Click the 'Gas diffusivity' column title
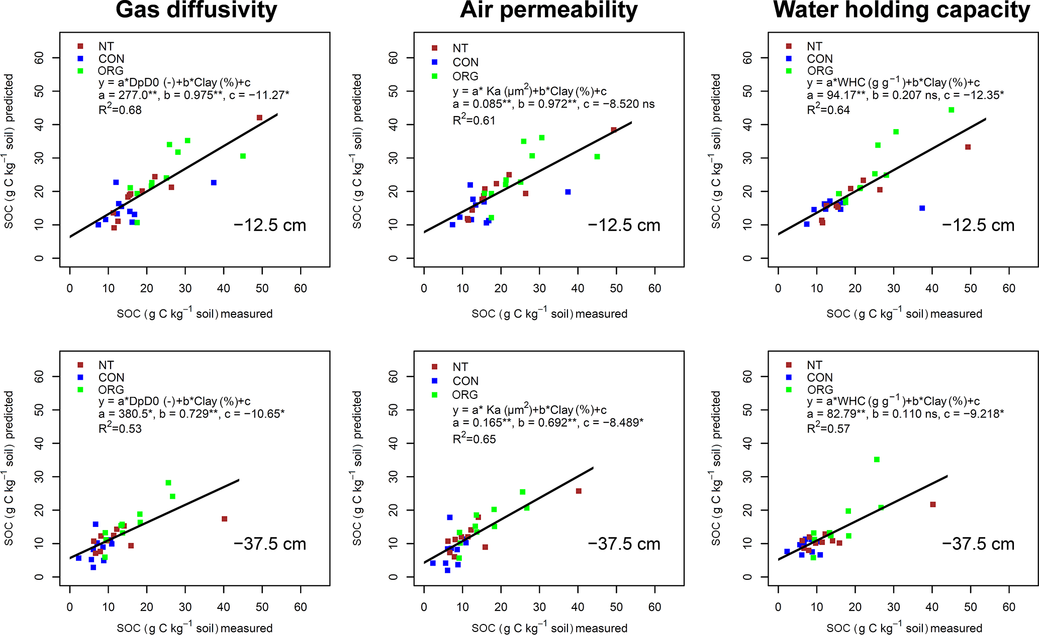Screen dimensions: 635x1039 (196, 10)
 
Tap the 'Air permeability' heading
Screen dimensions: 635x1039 (548, 10)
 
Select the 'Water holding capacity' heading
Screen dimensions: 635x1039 (902, 10)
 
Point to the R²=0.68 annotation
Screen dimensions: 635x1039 (120, 110)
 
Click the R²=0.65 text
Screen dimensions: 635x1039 (474, 439)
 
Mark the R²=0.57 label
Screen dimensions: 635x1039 (828, 429)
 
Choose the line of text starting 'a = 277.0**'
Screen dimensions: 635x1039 (194, 95)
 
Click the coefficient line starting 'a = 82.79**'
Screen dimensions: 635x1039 (905, 414)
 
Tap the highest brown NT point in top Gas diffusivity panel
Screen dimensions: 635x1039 (259, 118)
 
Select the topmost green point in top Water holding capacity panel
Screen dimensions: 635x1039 (951, 110)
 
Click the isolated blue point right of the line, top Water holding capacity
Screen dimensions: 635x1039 (922, 208)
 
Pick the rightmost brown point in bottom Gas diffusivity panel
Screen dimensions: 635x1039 (224, 519)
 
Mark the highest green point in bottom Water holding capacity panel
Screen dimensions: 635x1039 (877, 460)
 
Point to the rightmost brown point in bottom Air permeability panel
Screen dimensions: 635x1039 (579, 491)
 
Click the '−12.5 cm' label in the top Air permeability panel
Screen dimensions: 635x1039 (624, 225)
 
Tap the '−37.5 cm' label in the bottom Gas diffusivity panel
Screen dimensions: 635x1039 (270, 544)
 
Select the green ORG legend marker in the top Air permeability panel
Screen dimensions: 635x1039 (435, 76)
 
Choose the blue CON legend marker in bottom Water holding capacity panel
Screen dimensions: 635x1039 (789, 377)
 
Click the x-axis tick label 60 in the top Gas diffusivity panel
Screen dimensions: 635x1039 (301, 288)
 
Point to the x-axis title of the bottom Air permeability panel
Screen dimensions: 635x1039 (549, 628)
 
